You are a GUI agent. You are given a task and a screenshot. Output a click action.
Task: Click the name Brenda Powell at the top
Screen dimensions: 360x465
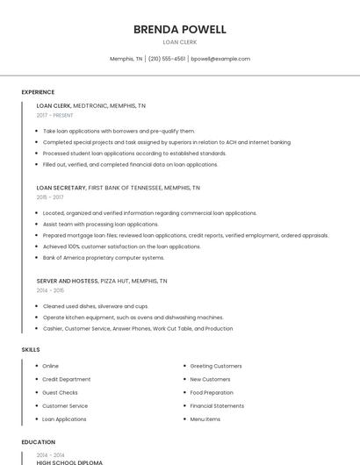coord(179,29)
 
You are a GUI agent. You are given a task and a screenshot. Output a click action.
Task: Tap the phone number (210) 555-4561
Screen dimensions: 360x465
coord(167,59)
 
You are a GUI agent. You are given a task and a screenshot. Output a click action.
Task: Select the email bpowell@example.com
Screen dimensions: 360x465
coord(220,59)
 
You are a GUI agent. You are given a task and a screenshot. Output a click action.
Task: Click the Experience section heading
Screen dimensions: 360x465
coord(38,92)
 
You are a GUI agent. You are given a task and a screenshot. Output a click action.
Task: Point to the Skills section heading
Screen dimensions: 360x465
coord(31,349)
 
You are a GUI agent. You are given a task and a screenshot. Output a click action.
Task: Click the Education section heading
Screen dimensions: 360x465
coord(38,442)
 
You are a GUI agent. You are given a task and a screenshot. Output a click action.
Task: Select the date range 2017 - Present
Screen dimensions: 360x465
coord(54,115)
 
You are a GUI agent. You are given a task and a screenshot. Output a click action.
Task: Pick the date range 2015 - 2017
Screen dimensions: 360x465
coord(49,197)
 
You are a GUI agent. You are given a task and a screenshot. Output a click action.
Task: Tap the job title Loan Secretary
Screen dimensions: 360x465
coord(61,188)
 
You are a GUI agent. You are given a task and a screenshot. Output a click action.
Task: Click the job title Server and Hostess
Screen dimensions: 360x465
coord(67,281)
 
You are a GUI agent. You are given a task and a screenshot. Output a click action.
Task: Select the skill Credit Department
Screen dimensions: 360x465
coord(67,379)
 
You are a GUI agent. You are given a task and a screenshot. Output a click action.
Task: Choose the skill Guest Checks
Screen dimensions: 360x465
coord(60,392)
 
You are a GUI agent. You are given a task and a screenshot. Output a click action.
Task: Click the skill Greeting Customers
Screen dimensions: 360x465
coord(216,366)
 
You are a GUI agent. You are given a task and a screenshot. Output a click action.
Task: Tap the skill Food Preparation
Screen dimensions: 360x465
coord(212,392)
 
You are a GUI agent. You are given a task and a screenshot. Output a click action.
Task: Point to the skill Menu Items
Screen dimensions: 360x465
coord(205,419)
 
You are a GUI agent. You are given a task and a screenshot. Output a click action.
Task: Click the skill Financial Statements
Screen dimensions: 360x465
coord(217,406)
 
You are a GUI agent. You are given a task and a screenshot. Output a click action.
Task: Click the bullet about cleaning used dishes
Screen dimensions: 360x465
coord(96,306)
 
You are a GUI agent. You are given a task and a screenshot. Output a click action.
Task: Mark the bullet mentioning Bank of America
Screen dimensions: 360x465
coord(104,258)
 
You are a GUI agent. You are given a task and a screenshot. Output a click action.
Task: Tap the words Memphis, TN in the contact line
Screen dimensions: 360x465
coord(126,59)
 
